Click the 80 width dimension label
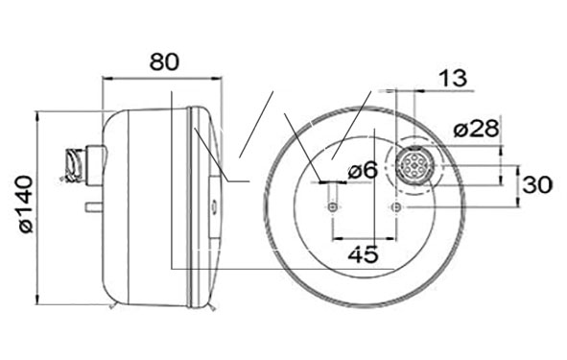click(164, 61)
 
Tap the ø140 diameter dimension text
click(27, 204)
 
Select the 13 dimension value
click(453, 78)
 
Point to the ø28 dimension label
click(476, 129)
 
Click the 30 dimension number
click(537, 184)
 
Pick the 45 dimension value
click(364, 254)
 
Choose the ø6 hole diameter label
click(363, 170)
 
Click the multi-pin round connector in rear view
click(414, 166)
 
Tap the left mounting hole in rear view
click(333, 207)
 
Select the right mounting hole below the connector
click(396, 207)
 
